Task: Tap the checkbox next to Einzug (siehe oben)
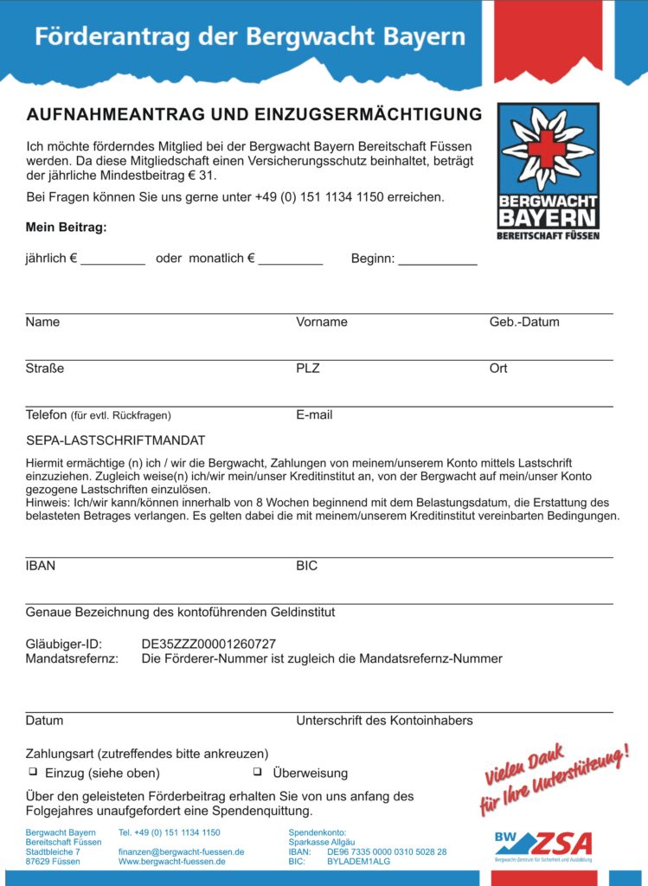click(33, 771)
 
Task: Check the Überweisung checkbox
click(257, 771)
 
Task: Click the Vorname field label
click(322, 322)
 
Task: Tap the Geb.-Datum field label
click(524, 322)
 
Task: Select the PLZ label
click(308, 369)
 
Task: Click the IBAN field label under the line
click(41, 566)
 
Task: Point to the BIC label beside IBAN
click(307, 566)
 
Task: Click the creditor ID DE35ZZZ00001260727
click(209, 644)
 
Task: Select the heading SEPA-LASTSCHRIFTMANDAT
click(116, 440)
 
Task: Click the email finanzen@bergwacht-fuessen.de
click(181, 851)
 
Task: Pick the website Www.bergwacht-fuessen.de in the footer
click(172, 862)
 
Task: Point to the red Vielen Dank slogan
click(555, 777)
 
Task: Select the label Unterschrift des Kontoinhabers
click(384, 720)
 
